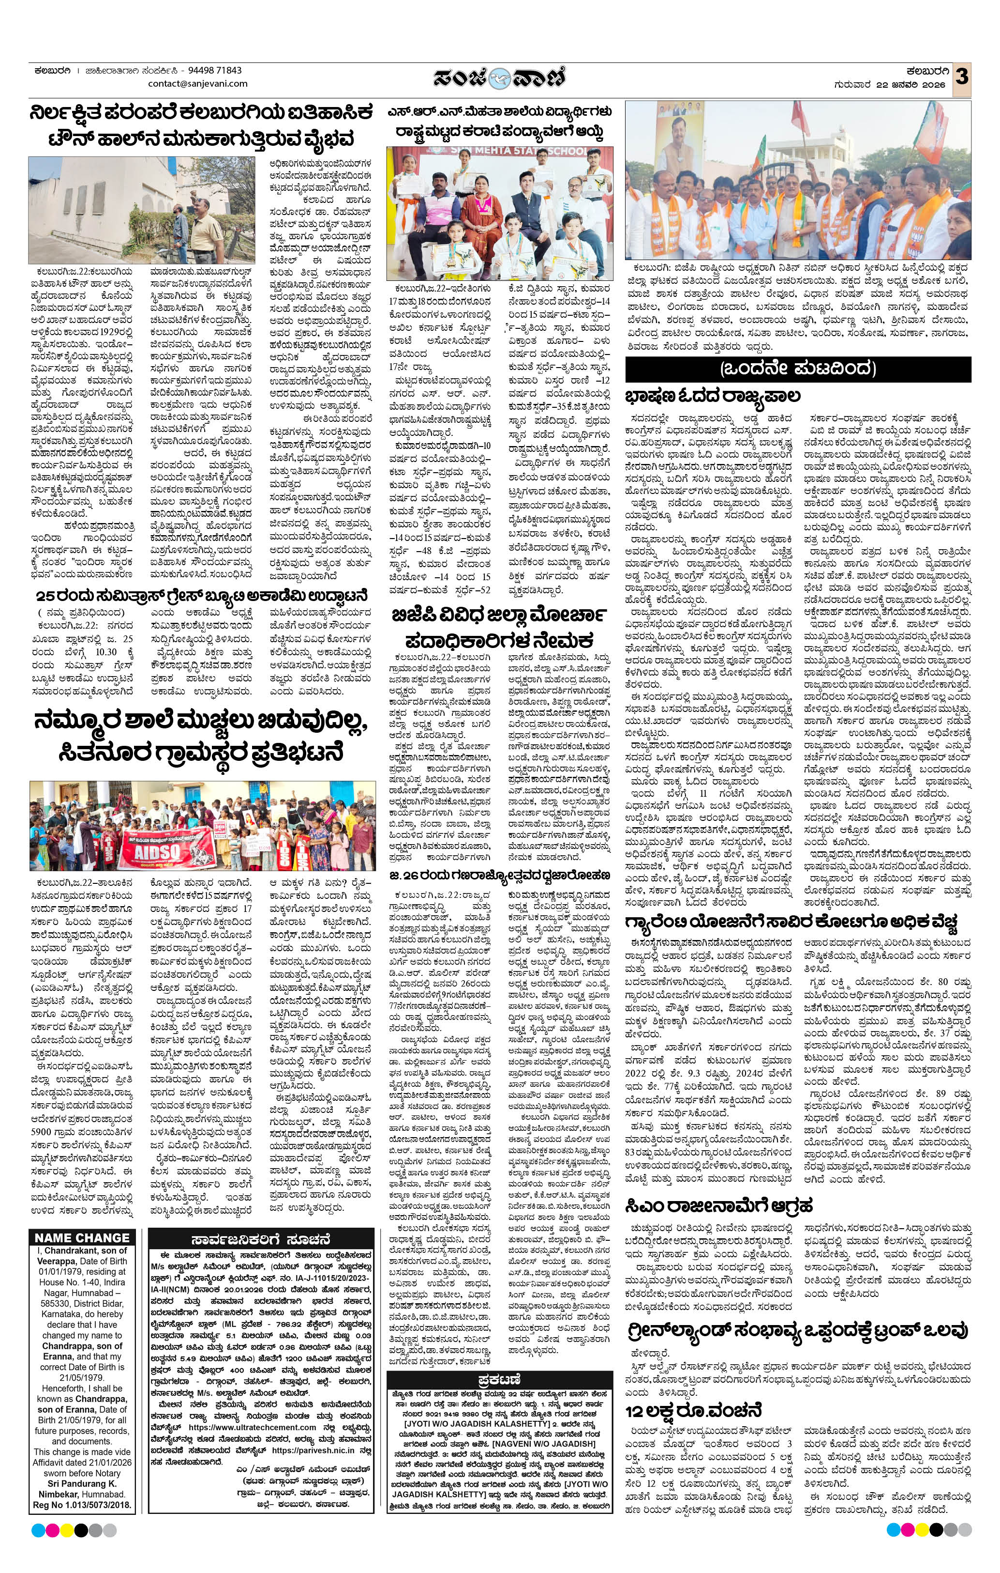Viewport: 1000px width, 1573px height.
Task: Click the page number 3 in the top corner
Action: pos(962,77)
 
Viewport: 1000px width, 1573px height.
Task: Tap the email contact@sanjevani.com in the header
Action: pos(198,84)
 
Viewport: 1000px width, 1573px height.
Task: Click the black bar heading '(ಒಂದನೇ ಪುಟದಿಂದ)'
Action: pos(798,369)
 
